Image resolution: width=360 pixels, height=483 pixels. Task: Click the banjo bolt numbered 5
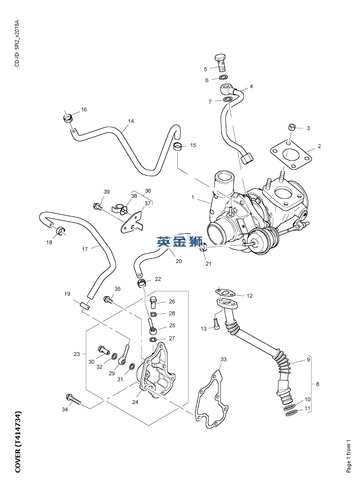[x=221, y=61]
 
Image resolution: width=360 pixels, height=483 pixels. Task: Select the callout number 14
[x=131, y=121]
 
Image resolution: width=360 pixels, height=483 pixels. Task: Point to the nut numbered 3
[x=292, y=127]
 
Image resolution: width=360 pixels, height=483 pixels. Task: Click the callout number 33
[x=223, y=359]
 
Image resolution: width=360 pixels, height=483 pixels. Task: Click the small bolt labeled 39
[x=97, y=207]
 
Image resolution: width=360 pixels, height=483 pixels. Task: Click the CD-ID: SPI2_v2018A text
[x=17, y=43]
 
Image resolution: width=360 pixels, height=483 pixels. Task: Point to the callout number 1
[x=193, y=197]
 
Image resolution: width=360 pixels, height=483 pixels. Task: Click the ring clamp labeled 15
[x=177, y=146]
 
